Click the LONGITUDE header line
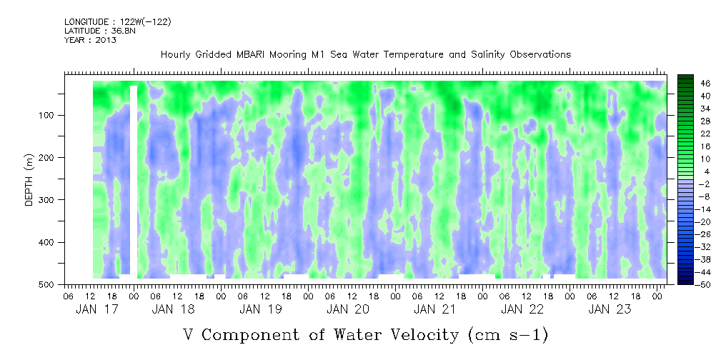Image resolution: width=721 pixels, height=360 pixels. point(118,22)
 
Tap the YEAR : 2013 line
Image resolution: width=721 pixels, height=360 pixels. point(90,40)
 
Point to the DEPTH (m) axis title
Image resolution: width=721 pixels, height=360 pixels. point(29,182)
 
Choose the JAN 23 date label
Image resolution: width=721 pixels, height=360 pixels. point(609,309)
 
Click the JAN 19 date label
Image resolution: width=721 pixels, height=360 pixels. point(260,309)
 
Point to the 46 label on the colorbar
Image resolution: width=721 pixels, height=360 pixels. point(705,84)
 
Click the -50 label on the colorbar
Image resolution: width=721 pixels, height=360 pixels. point(705,284)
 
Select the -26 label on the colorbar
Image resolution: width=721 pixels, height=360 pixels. point(705,234)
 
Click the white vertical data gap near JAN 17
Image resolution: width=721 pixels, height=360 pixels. point(134,179)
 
